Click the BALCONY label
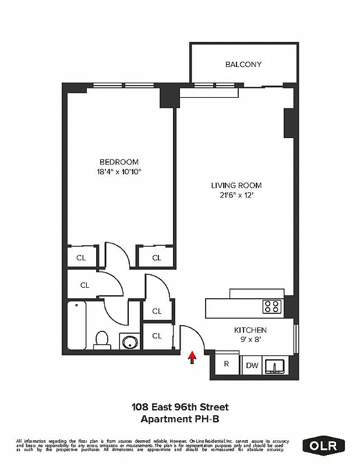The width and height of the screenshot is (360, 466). pyautogui.click(x=243, y=65)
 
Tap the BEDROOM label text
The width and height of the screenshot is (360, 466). pyautogui.click(x=119, y=162)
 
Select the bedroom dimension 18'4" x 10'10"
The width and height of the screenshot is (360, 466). pyautogui.click(x=119, y=171)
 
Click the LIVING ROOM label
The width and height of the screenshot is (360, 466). pyautogui.click(x=233, y=186)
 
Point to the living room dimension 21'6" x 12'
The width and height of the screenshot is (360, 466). pyautogui.click(x=233, y=195)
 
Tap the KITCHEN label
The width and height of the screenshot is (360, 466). pyautogui.click(x=250, y=329)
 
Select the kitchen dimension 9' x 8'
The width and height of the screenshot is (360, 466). pyautogui.click(x=250, y=338)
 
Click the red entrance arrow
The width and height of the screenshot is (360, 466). pyautogui.click(x=192, y=357)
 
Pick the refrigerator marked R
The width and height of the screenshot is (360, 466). pyautogui.click(x=226, y=365)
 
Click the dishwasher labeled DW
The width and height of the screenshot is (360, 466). pyautogui.click(x=252, y=365)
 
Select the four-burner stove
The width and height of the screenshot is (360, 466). pyautogui.click(x=272, y=306)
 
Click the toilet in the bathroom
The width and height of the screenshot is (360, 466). pyautogui.click(x=102, y=340)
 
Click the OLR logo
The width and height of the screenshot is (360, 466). pyautogui.click(x=323, y=445)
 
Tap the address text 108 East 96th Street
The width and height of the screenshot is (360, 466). pyautogui.click(x=179, y=407)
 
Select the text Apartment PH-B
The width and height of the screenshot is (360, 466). pyautogui.click(x=179, y=418)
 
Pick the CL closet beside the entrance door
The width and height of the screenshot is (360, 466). pyautogui.click(x=157, y=336)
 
